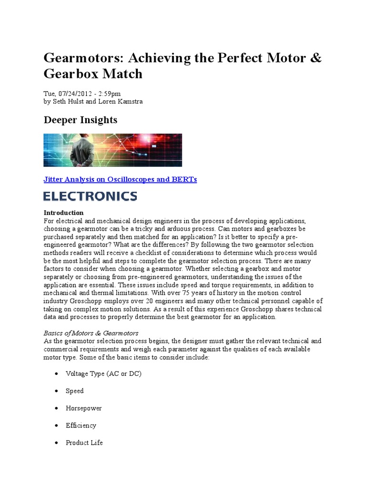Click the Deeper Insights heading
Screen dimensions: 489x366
80,120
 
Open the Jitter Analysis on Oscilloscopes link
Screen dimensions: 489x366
120,179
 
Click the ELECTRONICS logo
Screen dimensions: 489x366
90,196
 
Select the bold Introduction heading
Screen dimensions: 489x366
63,213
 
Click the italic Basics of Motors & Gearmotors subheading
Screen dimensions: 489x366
91,332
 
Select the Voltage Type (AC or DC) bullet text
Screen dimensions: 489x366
103,373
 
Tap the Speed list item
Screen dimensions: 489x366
75,391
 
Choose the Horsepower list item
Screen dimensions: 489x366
83,408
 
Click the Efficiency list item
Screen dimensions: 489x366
81,425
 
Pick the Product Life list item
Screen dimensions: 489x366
84,443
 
